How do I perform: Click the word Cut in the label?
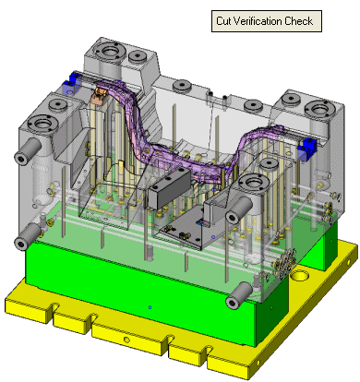(223, 21)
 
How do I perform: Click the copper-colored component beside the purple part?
(99, 95)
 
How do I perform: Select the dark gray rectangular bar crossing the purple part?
(169, 189)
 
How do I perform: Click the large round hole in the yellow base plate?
(299, 275)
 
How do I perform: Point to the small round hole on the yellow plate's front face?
(126, 340)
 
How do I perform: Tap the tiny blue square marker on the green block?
(150, 307)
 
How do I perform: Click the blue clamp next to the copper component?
(72, 83)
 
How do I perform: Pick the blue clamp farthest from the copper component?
(306, 149)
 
